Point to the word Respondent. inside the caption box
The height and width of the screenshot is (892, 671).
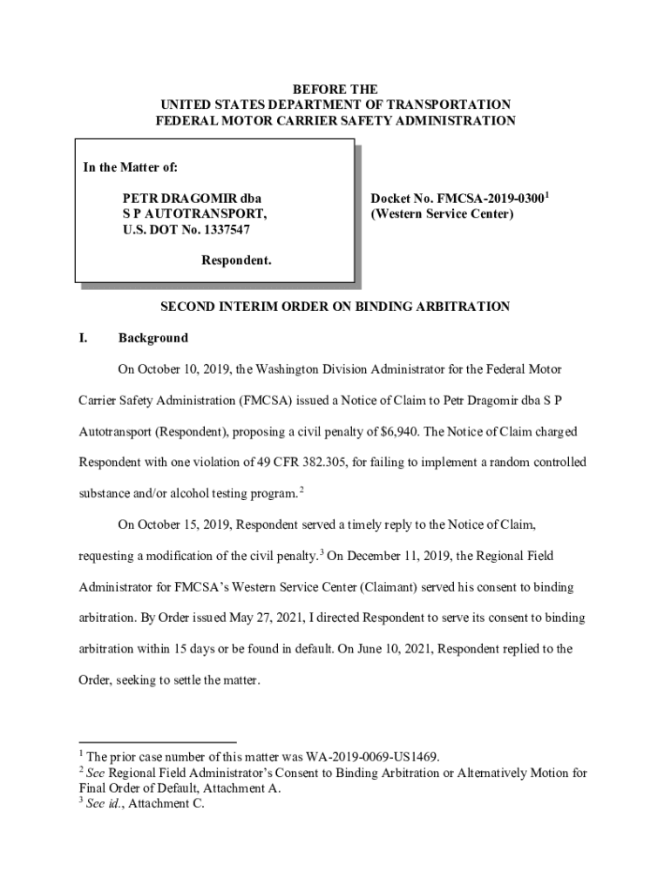tap(236, 260)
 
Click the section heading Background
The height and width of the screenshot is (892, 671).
tap(152, 338)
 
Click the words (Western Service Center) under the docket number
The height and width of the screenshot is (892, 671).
tap(443, 214)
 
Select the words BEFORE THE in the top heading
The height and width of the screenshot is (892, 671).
tap(335, 90)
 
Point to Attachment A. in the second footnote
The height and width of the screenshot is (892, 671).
tap(243, 788)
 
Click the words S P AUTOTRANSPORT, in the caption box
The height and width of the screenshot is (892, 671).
tap(194, 214)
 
